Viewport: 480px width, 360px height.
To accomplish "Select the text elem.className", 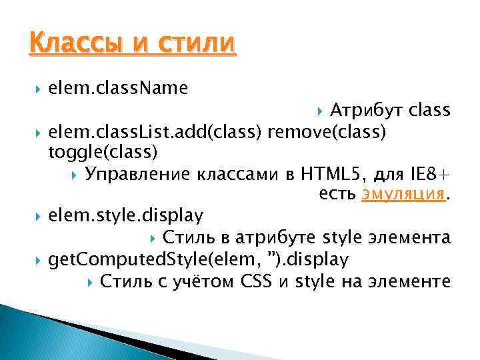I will pyautogui.click(x=118, y=87).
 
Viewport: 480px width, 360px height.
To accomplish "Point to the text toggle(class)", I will pyautogui.click(x=103, y=153).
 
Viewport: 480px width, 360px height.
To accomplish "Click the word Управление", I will pyautogui.click(x=136, y=175).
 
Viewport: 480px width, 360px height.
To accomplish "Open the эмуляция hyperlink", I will pyautogui.click(x=403, y=194).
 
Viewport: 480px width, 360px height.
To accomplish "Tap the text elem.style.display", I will pyautogui.click(x=127, y=216).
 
